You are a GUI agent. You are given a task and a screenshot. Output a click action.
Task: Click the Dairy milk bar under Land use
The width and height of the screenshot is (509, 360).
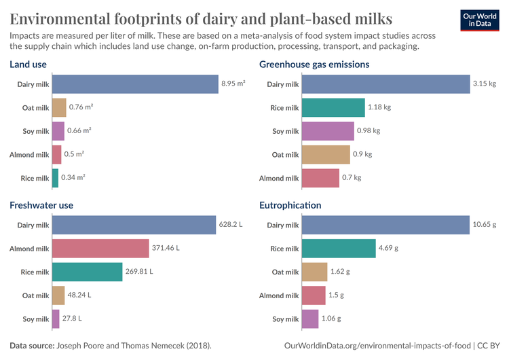pyautogui.click(x=134, y=84)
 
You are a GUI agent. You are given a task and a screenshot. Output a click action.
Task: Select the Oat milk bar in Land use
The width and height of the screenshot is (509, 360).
pyautogui.click(x=59, y=107)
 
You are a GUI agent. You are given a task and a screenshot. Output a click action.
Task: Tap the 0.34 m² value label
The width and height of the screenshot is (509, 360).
pyautogui.click(x=73, y=178)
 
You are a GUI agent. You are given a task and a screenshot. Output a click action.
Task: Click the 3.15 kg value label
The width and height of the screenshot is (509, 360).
pyautogui.click(x=485, y=84)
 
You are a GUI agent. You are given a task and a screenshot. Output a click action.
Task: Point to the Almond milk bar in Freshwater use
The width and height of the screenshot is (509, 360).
pyautogui.click(x=100, y=249)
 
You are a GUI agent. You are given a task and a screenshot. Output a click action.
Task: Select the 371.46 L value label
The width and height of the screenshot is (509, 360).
pyautogui.click(x=166, y=249)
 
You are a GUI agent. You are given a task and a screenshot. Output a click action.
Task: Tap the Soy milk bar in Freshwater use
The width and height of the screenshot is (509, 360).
pyautogui.click(x=56, y=319)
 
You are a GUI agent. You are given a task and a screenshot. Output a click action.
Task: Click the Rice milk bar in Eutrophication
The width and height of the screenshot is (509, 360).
pyautogui.click(x=339, y=249)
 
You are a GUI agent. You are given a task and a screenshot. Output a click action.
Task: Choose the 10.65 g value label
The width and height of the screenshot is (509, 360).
pyautogui.click(x=485, y=225)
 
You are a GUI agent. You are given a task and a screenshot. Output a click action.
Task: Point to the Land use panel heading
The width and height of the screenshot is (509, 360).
pyautogui.click(x=28, y=65)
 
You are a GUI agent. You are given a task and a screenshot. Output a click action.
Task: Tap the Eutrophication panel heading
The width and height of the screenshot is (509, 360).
pyautogui.click(x=290, y=205)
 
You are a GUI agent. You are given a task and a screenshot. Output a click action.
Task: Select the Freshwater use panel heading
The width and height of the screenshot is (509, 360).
pyautogui.click(x=41, y=205)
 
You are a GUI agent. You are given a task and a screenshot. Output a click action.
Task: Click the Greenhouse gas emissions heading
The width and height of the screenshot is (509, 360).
pyautogui.click(x=314, y=65)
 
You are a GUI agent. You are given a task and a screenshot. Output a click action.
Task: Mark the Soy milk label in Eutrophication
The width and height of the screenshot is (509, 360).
pyautogui.click(x=285, y=319)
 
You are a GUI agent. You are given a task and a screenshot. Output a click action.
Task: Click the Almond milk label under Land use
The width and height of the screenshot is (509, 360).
pyautogui.click(x=29, y=154)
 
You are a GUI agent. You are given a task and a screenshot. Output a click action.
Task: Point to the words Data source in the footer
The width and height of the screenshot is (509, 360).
pyautogui.click(x=33, y=346)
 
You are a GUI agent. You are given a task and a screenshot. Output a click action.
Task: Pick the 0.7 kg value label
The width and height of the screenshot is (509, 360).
pyautogui.click(x=352, y=178)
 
